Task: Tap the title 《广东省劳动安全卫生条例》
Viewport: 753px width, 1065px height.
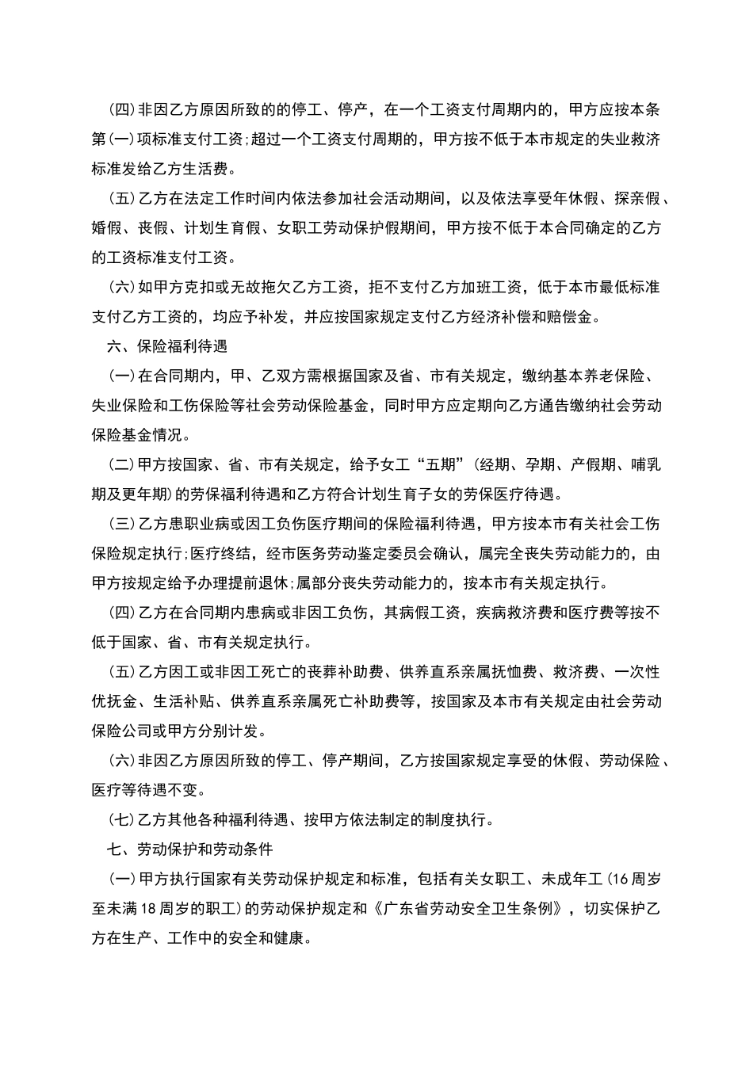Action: (471, 908)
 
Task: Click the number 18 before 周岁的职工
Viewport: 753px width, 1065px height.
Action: (147, 908)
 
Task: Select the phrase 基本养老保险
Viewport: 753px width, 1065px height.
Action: (603, 376)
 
